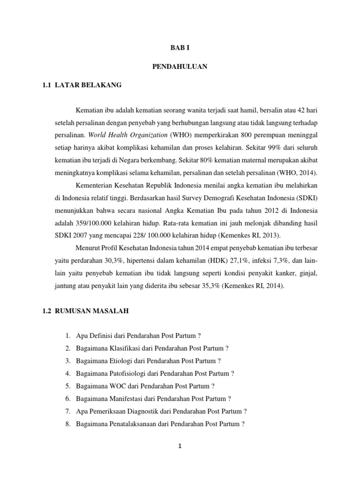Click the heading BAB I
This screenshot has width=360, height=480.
coord(180,48)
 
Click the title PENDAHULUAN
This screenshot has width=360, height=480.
coord(180,67)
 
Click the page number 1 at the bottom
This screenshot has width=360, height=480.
coord(180,446)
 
